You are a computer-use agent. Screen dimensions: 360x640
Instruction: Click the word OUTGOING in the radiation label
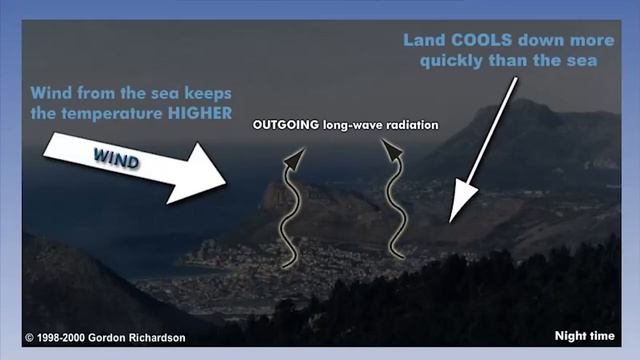[x=284, y=126]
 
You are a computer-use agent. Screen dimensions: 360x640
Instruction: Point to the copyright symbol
[x=30, y=338]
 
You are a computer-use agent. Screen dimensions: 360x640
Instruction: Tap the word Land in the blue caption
[x=423, y=41]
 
